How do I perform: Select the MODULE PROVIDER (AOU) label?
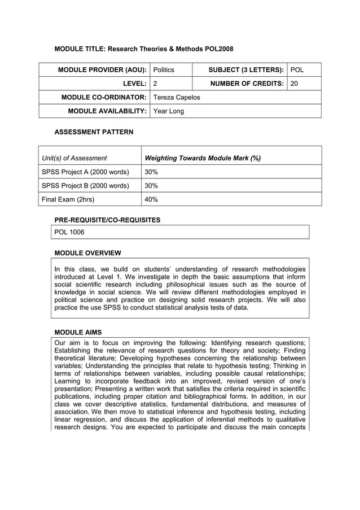pos(103,70)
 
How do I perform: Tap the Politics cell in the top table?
pos(164,70)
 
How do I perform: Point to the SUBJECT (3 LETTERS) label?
pos(246,70)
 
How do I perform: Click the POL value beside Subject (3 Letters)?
pos(297,70)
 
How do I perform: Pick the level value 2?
pos(156,84)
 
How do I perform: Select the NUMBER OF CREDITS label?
pos(247,84)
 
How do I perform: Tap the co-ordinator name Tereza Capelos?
pos(177,97)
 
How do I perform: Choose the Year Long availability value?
pos(169,111)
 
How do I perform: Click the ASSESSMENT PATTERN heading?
pos(94,132)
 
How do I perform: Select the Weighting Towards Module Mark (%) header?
pos(203,158)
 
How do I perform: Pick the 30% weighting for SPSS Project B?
pos(151,185)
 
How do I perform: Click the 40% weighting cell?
pos(151,199)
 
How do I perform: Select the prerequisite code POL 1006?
pos(69,232)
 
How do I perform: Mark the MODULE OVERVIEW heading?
pos(87,252)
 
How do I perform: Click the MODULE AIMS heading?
pos(78,332)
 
